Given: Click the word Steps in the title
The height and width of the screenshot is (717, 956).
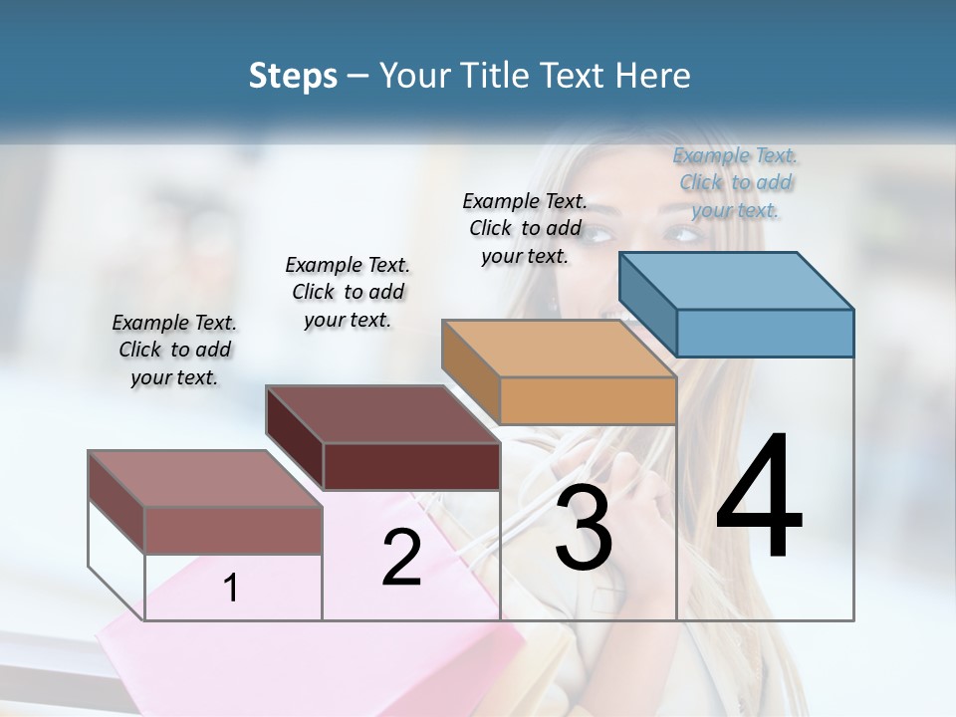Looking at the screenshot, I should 293,76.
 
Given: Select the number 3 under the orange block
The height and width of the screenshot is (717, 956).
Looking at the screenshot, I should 584,528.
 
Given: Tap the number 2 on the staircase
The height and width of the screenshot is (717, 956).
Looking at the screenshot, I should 401,558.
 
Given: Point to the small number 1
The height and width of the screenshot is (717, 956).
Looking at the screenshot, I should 231,589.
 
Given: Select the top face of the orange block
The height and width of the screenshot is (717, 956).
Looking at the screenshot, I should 559,348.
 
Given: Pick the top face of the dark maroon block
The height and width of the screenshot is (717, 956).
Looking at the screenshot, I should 381,414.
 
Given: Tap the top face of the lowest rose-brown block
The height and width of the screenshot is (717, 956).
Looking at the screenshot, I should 204,479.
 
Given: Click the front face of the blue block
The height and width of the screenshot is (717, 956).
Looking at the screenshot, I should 765,333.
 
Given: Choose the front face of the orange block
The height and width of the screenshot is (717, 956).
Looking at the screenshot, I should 588,400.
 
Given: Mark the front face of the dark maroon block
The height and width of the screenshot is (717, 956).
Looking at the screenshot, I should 411,466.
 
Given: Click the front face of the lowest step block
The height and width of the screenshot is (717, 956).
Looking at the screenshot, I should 233,530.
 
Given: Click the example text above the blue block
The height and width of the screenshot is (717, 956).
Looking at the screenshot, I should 736,182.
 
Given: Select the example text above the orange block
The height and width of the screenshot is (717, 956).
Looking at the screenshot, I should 525,228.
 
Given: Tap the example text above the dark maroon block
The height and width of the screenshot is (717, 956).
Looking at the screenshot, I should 348,292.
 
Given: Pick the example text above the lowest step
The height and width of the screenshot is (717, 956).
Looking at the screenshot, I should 174,350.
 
